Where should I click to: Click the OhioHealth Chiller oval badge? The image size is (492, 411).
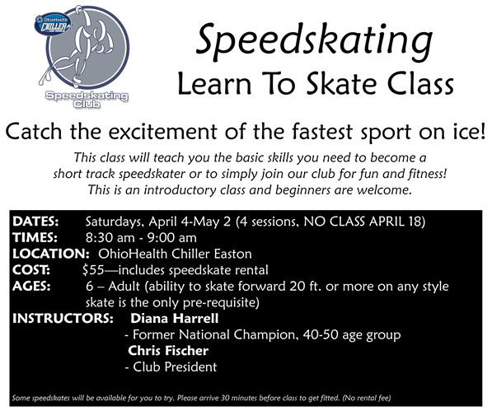click(x=53, y=24)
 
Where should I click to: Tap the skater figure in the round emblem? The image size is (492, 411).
click(x=78, y=47)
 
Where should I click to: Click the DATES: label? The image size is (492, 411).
click(x=35, y=222)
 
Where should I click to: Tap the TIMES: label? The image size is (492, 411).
click(x=35, y=238)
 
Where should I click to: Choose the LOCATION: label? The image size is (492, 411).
click(x=51, y=254)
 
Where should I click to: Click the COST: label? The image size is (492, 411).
click(x=31, y=270)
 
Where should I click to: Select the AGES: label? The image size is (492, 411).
click(x=31, y=287)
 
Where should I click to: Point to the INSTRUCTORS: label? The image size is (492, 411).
click(x=63, y=319)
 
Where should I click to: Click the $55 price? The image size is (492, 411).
click(x=93, y=270)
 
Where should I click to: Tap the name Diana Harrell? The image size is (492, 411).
click(x=174, y=319)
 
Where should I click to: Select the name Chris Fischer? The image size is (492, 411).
click(x=168, y=351)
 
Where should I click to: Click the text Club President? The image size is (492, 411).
click(x=175, y=367)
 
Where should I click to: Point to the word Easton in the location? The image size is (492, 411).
click(x=233, y=254)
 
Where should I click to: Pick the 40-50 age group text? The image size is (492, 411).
click(x=352, y=335)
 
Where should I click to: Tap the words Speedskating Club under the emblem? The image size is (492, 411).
click(x=87, y=100)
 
